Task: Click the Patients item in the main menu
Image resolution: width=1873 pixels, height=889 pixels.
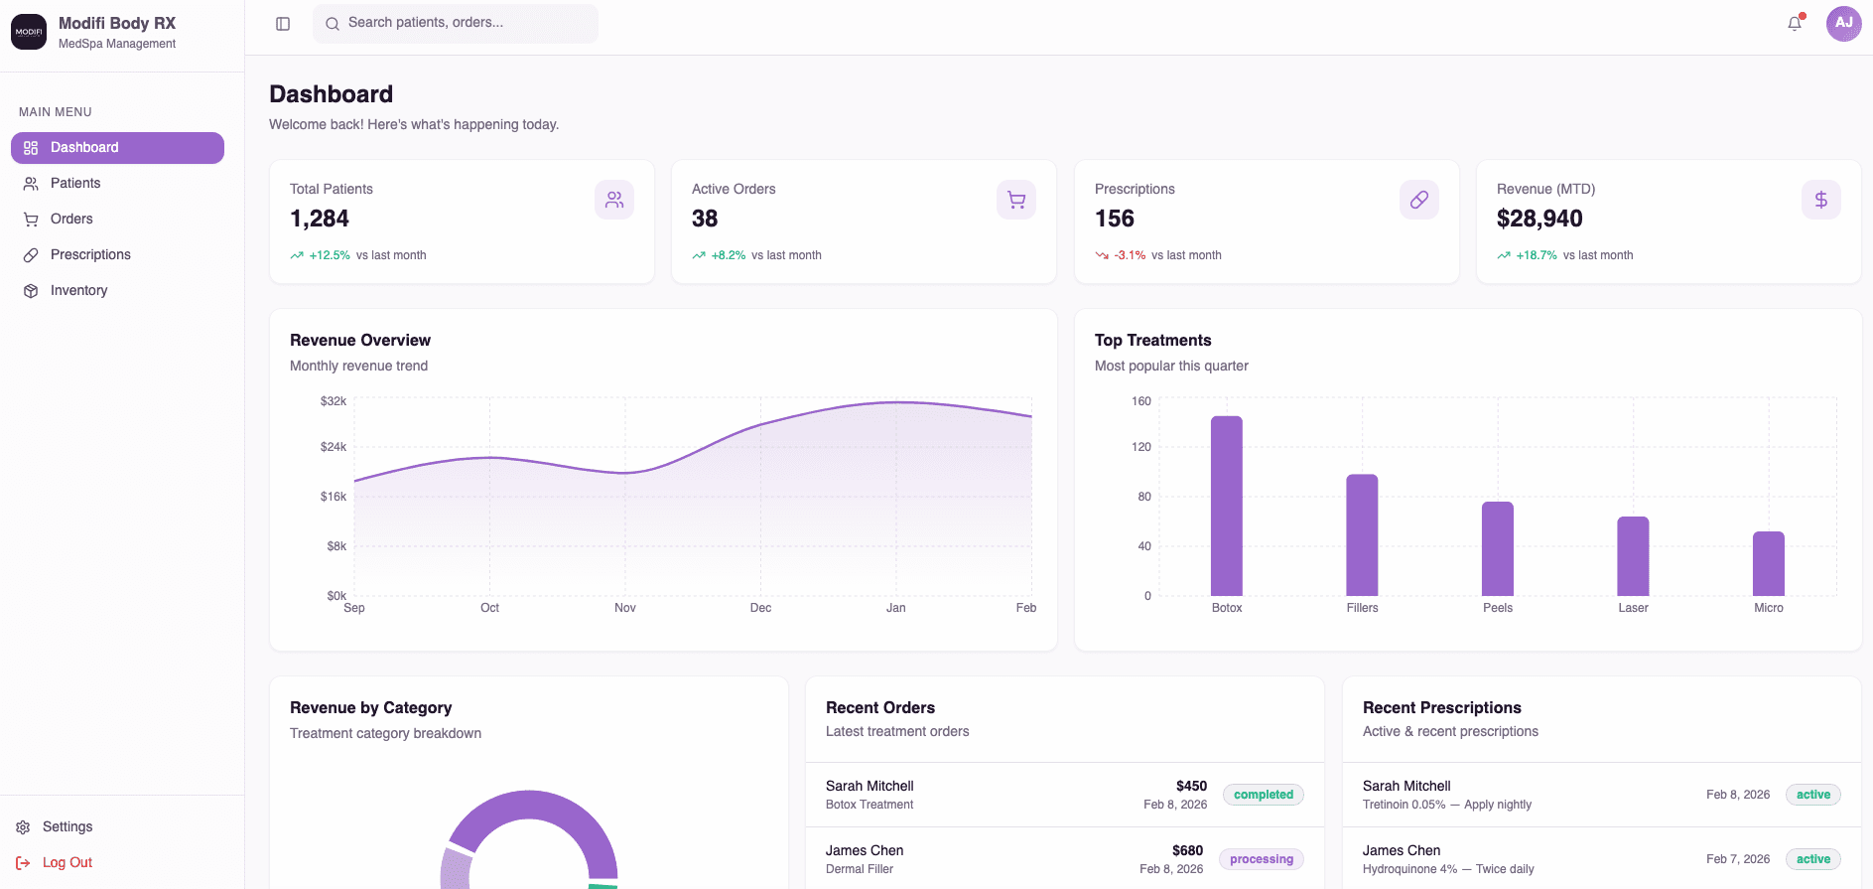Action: [x=75, y=183]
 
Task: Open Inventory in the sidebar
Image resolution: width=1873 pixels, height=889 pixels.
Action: [x=78, y=290]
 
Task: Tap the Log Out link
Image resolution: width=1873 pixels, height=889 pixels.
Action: [x=67, y=862]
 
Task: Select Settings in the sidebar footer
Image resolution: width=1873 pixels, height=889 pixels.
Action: [x=67, y=826]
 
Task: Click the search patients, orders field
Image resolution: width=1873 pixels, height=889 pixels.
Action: [x=457, y=23]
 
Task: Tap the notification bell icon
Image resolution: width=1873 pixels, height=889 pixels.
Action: [x=1795, y=23]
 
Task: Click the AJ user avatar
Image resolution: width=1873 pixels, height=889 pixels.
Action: [x=1843, y=23]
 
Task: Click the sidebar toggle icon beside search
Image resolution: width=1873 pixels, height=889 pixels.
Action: [x=283, y=24]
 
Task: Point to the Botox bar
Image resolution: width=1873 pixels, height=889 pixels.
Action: [x=1227, y=506]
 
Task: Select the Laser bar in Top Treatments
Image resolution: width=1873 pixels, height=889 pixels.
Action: [x=1633, y=556]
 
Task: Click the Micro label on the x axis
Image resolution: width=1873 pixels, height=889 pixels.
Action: [x=1768, y=608]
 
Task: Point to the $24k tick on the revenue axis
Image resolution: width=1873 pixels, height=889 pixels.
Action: [x=334, y=447]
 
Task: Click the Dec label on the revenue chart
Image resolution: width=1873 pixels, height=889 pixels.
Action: [x=760, y=608]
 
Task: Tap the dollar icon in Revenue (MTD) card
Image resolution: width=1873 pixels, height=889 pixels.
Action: [x=1820, y=200]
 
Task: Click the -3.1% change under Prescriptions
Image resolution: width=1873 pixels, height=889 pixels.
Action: [x=1130, y=255]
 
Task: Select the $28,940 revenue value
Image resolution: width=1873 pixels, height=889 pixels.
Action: [x=1539, y=219]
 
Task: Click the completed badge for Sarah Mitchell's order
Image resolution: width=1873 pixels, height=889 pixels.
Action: [x=1263, y=795]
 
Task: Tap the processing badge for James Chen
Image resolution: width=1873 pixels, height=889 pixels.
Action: [x=1261, y=859]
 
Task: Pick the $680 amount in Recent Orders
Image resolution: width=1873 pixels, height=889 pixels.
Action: [x=1187, y=850]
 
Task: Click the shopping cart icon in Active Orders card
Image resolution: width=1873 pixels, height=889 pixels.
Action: [x=1015, y=200]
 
